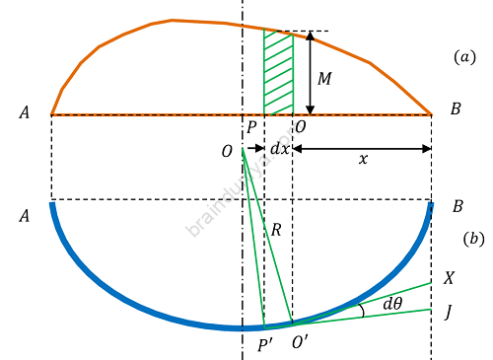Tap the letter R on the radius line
click(277, 230)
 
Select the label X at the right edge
click(450, 279)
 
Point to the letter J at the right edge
click(449, 313)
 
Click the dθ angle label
click(392, 304)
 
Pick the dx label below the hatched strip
click(279, 150)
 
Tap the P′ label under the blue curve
click(264, 344)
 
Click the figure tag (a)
click(464, 57)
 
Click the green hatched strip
click(278, 73)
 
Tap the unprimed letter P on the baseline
click(252, 127)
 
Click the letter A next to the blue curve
click(25, 214)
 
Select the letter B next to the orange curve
click(456, 110)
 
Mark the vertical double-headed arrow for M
click(311, 73)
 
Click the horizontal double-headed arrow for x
click(362, 150)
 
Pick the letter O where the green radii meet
click(228, 151)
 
